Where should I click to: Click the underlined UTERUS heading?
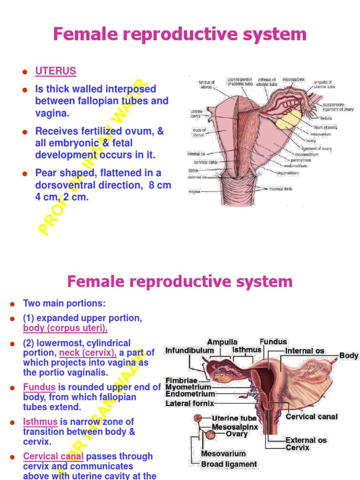tap(55, 71)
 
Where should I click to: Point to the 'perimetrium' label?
tap(307, 159)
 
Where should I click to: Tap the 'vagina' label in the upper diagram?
tap(195, 191)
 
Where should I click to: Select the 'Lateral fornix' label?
tap(190, 403)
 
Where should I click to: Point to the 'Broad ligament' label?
tap(229, 465)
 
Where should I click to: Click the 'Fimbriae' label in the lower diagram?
tap(180, 380)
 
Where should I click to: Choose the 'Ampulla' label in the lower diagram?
tap(222, 342)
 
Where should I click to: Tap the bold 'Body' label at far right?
tap(349, 355)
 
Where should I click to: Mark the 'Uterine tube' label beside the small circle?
tap(234, 418)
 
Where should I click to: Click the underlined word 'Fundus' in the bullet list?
tap(39, 387)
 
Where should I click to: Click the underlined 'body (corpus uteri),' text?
tap(65, 328)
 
